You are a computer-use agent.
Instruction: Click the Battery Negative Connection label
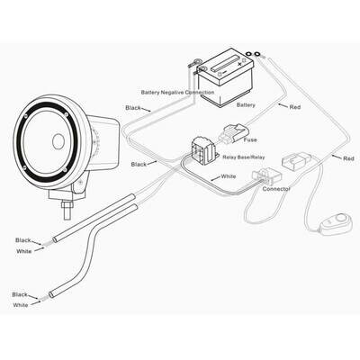coord(177,92)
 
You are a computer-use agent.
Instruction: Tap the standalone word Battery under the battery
coord(246,105)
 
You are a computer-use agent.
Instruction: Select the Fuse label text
coord(250,139)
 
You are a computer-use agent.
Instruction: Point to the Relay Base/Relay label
coord(244,157)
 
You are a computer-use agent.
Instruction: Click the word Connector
coord(276,189)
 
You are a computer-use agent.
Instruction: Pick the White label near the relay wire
coord(229,176)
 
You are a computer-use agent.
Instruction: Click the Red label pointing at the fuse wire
coord(295,107)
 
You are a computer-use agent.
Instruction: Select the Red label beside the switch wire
coord(348,158)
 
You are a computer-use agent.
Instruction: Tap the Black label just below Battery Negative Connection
coord(133,108)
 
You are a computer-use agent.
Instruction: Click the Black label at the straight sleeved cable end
coord(23,240)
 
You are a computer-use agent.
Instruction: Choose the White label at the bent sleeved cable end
coord(21,305)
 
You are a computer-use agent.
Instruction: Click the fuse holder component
coord(233,133)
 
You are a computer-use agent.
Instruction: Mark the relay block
coord(204,149)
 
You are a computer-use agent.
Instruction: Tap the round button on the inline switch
coord(340,218)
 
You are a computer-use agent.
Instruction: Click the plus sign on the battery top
coord(239,64)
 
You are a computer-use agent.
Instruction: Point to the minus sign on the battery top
coord(224,72)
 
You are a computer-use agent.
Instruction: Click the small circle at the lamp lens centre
coord(58,141)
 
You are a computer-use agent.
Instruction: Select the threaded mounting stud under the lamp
coord(67,210)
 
